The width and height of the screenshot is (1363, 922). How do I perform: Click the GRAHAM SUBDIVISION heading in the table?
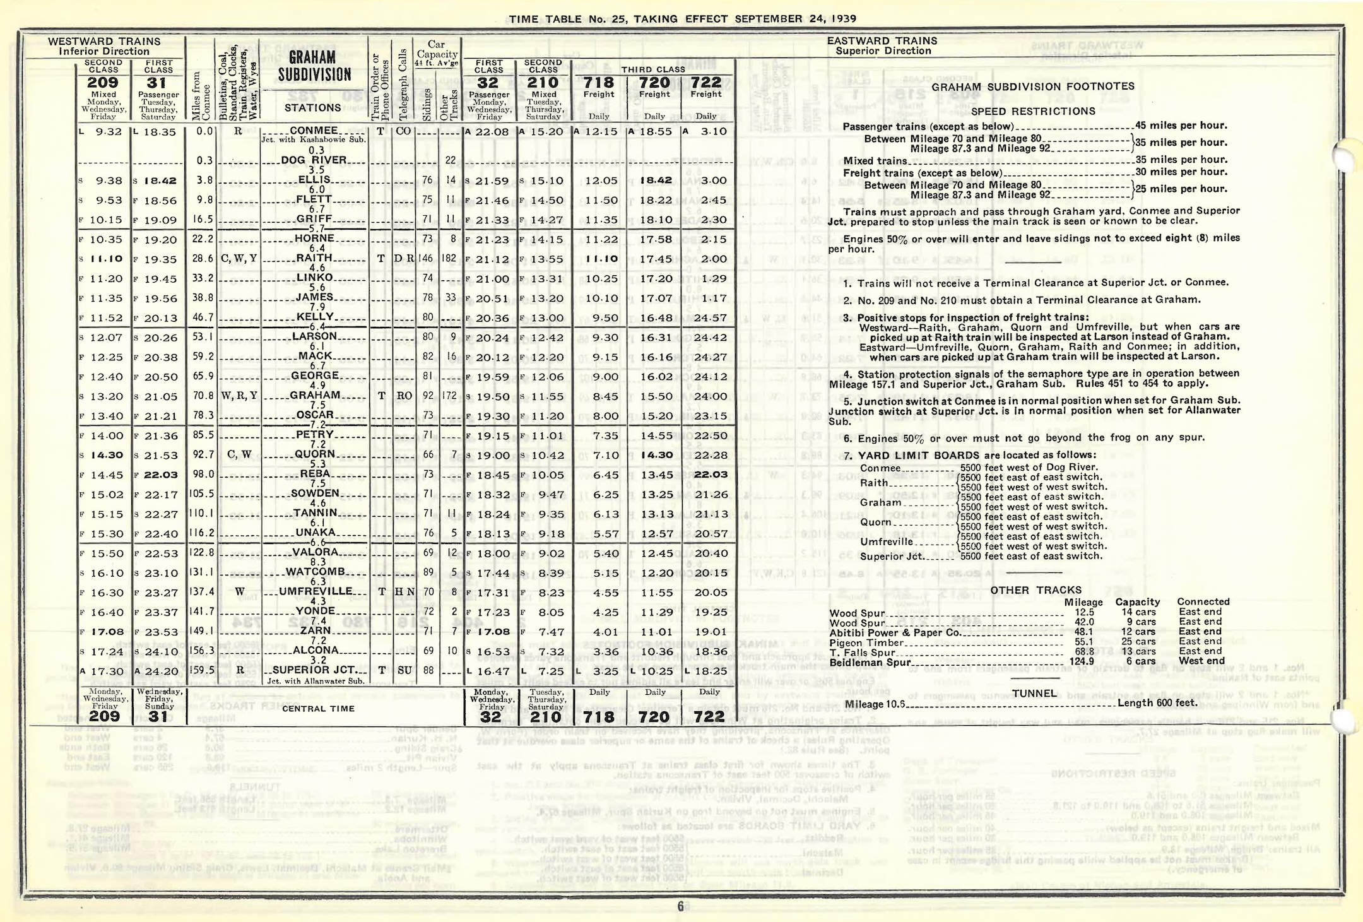[x=314, y=66]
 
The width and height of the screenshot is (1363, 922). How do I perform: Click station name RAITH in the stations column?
[x=314, y=257]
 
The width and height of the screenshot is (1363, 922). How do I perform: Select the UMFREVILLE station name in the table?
[x=316, y=591]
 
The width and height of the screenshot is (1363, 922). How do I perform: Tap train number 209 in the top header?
[x=103, y=83]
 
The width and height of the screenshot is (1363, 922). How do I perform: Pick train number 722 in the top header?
[x=706, y=82]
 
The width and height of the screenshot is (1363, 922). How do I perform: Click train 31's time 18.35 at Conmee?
[x=158, y=132]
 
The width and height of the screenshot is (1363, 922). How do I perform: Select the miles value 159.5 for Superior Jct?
[x=203, y=670]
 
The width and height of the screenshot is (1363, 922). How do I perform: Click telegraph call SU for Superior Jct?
[x=404, y=670]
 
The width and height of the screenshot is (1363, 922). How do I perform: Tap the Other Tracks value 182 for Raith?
[x=449, y=258]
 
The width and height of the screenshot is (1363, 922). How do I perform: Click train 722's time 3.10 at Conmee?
[x=714, y=131]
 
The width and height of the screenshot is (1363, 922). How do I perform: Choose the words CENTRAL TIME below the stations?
[x=319, y=709]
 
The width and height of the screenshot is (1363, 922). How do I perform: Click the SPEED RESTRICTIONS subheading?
[x=1033, y=112]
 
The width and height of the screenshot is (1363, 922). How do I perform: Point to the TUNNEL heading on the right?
[x=1035, y=694]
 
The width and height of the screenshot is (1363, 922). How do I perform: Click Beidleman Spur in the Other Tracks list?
[x=870, y=663]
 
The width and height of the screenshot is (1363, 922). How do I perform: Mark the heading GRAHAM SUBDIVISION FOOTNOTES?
[x=1033, y=86]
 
